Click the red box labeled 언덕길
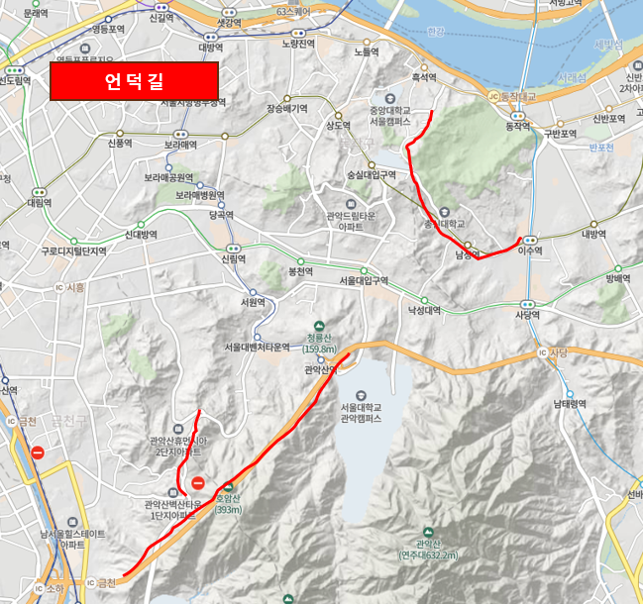pyautogui.click(x=134, y=80)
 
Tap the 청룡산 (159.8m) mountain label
pyautogui.click(x=319, y=343)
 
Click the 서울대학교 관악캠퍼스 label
pyautogui.click(x=360, y=413)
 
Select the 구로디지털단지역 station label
pyautogui.click(x=73, y=252)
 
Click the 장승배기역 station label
pyautogui.click(x=288, y=109)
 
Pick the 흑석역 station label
pyautogui.click(x=424, y=77)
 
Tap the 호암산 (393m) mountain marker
pyautogui.click(x=229, y=493)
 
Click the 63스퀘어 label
pyautogui.click(x=293, y=12)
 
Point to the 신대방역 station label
pyautogui.click(x=142, y=235)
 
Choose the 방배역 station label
pyautogui.click(x=618, y=278)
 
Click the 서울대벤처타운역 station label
pyautogui.click(x=257, y=346)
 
